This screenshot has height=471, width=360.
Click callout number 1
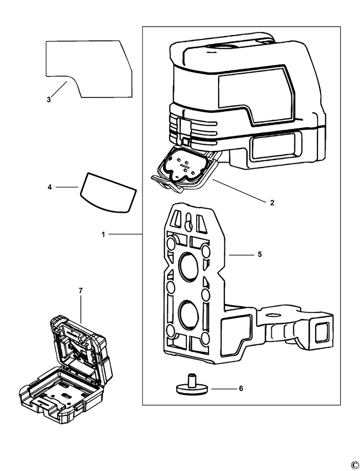coord(103,235)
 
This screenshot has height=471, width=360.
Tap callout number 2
coord(272,202)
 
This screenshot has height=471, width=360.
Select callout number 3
coord(48,100)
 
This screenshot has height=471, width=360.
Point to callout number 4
coord(49,187)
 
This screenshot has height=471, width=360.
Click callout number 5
coord(259,255)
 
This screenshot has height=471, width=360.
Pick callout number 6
coord(241,389)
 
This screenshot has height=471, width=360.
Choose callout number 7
coord(80,291)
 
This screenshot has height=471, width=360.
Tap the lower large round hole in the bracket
coord(187,313)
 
